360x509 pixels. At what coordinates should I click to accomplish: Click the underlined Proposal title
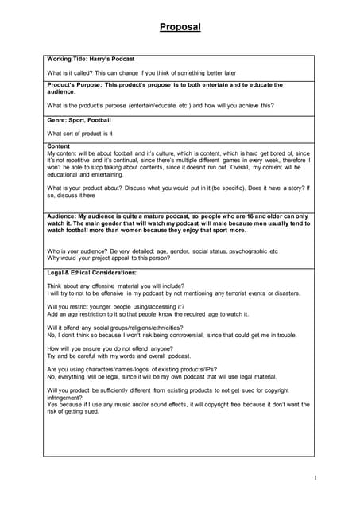[180, 27]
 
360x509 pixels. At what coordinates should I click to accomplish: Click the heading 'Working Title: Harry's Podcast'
[91, 59]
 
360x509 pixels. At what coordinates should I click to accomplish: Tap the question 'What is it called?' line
[141, 72]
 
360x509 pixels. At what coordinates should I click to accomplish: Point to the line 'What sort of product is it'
[80, 134]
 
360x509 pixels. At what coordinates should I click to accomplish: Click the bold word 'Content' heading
[59, 146]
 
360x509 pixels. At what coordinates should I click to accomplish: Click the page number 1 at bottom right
[315, 477]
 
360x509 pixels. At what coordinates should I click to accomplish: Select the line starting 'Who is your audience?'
[162, 251]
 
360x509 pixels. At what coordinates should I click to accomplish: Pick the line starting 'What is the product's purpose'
[161, 105]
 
